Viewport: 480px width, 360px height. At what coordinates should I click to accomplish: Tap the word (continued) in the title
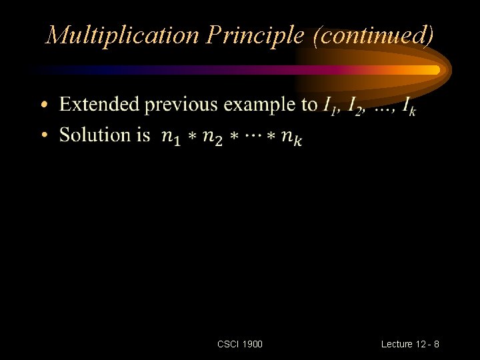tap(373, 35)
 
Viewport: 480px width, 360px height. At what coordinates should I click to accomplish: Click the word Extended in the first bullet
tap(99, 105)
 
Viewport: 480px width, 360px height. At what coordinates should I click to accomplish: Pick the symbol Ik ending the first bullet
tap(409, 106)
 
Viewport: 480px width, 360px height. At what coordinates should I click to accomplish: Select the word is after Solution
tap(143, 135)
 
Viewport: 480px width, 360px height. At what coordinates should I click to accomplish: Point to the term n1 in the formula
tap(172, 138)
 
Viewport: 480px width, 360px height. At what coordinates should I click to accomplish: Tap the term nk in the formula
tap(291, 138)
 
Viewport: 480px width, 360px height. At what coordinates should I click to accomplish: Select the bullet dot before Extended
tap(44, 106)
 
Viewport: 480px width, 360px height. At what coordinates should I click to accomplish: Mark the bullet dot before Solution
tap(44, 136)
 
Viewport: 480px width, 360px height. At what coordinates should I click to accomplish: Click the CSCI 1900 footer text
tap(240, 344)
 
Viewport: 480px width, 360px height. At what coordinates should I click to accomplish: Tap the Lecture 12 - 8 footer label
tap(410, 344)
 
